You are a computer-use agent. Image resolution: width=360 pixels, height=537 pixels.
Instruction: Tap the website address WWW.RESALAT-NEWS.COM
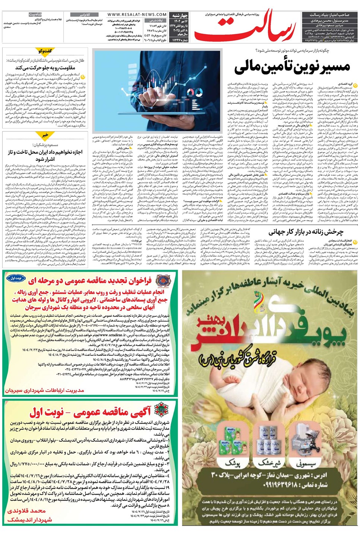point(137,15)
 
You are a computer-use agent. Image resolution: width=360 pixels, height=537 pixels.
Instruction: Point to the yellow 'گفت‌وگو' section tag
point(45,51)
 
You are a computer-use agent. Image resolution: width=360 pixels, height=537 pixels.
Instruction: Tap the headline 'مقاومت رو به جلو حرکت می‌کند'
point(45,67)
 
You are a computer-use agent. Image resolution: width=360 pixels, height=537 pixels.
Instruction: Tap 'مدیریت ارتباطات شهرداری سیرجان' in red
point(44,390)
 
